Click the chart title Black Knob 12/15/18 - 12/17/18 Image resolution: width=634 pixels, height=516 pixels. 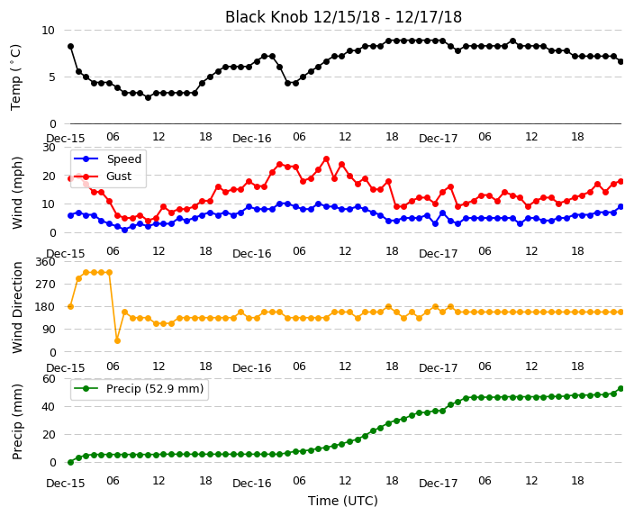pos(343,17)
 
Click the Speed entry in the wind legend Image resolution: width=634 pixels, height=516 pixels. pos(123,158)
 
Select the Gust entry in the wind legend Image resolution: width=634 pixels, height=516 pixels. pos(119,177)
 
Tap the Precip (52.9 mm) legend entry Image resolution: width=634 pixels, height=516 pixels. pos(155,389)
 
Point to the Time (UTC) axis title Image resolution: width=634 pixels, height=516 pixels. pos(343,501)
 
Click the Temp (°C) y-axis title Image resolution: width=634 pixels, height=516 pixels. pos(15,77)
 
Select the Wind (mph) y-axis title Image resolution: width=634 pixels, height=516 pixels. pos(17,193)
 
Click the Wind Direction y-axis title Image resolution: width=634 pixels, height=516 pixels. pos(17,307)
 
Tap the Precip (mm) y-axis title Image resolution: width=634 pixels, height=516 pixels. pos(17,421)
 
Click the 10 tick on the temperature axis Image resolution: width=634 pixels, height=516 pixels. pos(48,31)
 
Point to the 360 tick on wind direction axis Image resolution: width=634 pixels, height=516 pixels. pos(45,262)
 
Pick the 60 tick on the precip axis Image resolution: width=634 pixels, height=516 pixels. pos(49,378)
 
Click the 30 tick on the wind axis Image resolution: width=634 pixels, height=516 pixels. pos(49,147)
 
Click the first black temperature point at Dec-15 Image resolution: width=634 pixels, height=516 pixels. pos(71,47)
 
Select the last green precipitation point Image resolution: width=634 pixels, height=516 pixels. pos(621,389)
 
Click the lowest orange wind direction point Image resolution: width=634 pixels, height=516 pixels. pos(117,340)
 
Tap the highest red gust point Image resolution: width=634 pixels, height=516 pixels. pos(326,158)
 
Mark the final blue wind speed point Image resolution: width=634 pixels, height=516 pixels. pos(621,206)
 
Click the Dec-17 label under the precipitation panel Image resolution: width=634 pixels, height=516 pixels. pos(438,484)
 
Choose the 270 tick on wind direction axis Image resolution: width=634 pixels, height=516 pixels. pos(45,285)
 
